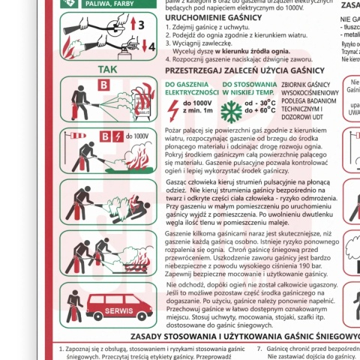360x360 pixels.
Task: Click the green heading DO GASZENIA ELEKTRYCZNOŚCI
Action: (x=190, y=88)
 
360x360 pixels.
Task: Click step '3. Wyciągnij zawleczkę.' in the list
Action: (x=203, y=43)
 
